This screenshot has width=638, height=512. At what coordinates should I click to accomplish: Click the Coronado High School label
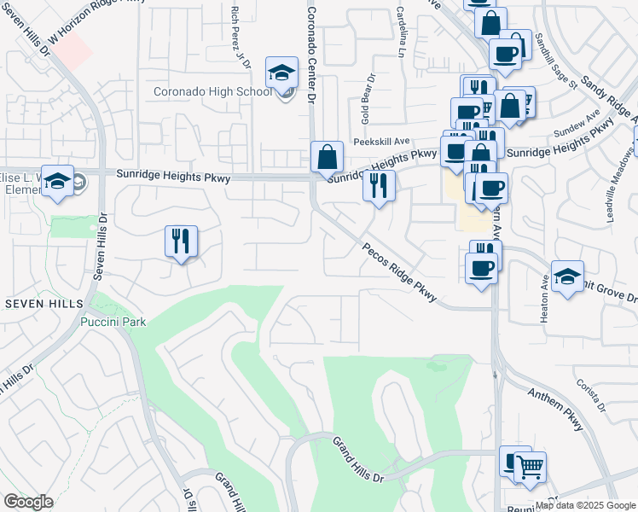pos(212,92)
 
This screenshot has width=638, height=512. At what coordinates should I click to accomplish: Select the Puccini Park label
pos(113,322)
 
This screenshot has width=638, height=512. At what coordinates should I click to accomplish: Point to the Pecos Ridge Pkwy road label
pos(399,272)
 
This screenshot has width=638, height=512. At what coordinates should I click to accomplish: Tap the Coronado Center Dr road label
pos(311,56)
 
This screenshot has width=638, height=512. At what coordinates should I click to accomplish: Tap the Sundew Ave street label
pos(573,129)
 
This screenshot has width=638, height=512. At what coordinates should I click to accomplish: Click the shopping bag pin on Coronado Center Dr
pos(327,158)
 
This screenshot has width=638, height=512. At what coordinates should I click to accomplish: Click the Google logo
pos(27,502)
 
